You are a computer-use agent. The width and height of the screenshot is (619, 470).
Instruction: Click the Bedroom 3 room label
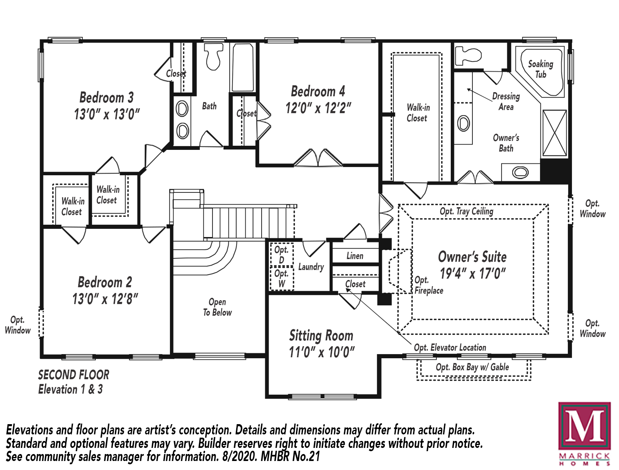106,97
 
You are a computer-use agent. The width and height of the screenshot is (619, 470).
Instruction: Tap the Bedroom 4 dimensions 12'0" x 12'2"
318,108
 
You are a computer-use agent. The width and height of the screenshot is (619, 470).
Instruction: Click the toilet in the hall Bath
213,56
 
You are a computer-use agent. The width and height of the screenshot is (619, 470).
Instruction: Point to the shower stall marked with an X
555,133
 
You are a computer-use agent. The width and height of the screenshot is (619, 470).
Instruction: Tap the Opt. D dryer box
281,254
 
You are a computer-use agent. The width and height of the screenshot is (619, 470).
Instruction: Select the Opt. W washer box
281,278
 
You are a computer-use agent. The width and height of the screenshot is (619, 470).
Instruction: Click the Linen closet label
355,256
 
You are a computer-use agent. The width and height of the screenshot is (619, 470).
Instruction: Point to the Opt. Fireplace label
429,285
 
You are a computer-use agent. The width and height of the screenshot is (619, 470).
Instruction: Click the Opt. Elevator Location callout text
450,347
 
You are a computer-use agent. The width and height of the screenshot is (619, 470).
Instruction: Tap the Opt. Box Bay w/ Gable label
472,367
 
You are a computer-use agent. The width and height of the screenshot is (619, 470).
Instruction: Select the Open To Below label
217,307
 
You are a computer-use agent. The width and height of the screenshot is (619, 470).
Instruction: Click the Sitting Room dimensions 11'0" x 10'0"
321,352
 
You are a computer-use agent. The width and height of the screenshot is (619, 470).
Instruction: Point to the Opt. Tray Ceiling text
466,211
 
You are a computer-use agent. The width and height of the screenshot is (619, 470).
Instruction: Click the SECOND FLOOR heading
74,375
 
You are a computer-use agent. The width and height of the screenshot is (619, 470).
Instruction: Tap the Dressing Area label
506,102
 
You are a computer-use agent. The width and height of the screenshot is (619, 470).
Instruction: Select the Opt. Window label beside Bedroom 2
18,325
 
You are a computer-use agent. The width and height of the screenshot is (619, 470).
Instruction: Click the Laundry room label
311,267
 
